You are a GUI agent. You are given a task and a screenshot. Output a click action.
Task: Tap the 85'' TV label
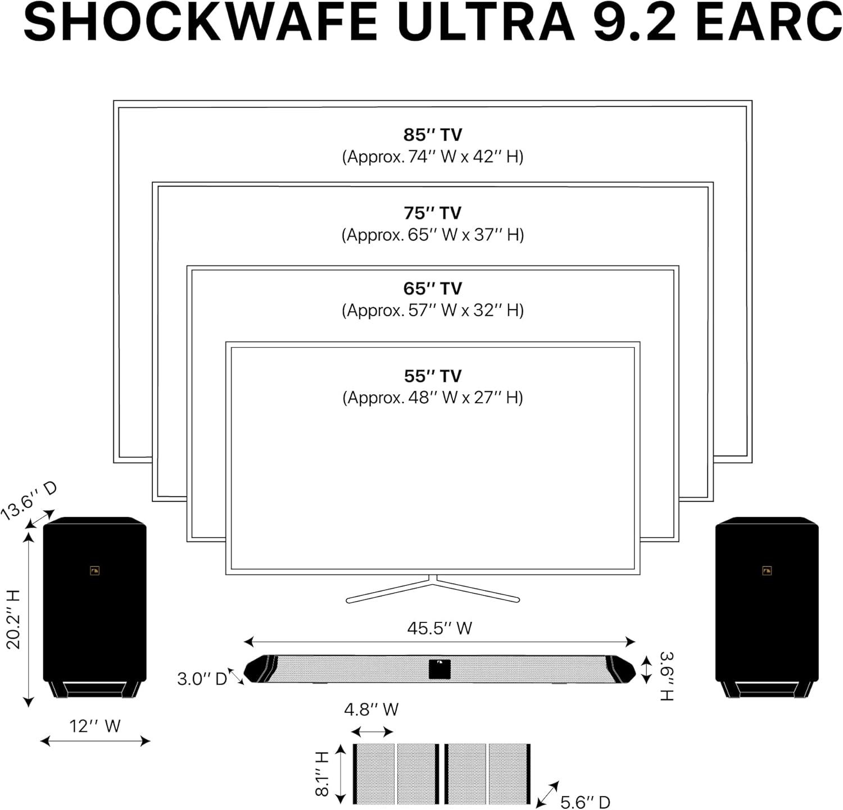click(432, 135)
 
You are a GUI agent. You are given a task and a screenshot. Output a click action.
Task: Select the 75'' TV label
click(432, 213)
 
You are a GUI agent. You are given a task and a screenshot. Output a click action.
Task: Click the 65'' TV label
click(432, 289)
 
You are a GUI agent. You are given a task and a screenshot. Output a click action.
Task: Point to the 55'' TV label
click(432, 376)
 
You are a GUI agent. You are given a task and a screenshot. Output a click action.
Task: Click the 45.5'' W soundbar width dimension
click(439, 628)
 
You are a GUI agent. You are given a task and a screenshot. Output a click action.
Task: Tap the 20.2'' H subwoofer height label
click(13, 620)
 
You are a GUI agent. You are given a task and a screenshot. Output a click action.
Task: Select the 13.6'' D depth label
click(28, 500)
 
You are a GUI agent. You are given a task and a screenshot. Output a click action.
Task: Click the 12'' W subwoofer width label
click(95, 726)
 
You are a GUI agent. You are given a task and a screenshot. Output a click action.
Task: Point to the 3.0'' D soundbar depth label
click(202, 679)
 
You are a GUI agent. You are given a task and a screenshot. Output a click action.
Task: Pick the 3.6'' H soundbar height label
click(666, 676)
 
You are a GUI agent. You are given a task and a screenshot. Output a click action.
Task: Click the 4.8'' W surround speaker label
click(371, 709)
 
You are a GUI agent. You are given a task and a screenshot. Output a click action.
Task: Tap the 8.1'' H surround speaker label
click(321, 774)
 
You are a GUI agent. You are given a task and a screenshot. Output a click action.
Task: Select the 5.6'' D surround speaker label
click(585, 802)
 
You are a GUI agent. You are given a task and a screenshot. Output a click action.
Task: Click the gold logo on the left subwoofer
click(94, 571)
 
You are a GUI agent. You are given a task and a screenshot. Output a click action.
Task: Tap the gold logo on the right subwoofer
click(767, 571)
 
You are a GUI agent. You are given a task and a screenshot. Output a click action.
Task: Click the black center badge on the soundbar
click(439, 668)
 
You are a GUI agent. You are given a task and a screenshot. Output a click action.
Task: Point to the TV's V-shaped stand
click(432, 590)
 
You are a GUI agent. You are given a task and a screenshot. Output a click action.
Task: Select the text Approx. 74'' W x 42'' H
click(432, 157)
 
